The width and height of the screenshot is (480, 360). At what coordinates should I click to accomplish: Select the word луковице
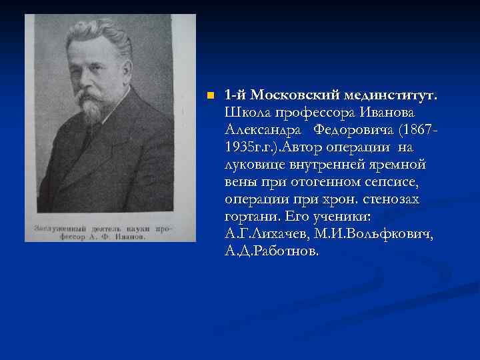pyautogui.click(x=254, y=164)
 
